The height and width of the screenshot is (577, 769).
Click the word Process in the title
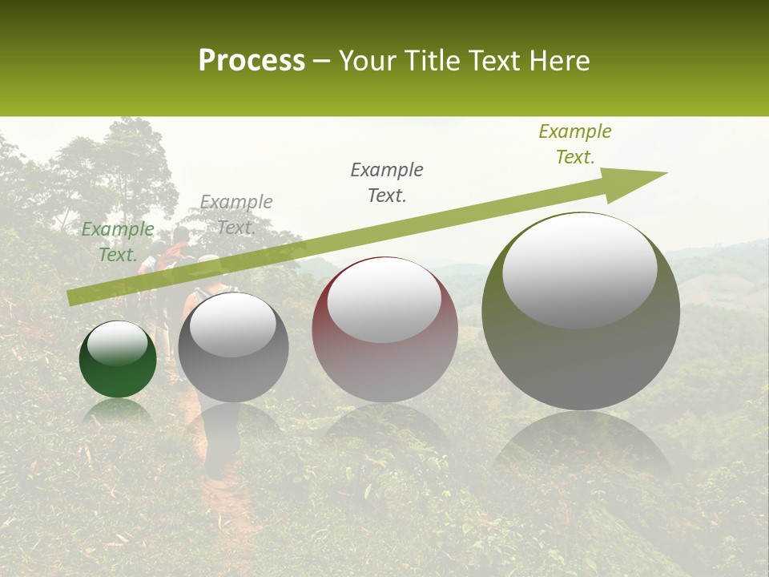(252, 60)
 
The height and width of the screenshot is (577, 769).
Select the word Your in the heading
(368, 61)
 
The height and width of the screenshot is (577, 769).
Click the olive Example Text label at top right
(575, 144)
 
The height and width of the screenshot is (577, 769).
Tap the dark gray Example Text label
(387, 183)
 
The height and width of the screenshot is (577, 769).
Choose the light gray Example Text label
(236, 215)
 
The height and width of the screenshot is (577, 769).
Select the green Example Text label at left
(118, 241)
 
